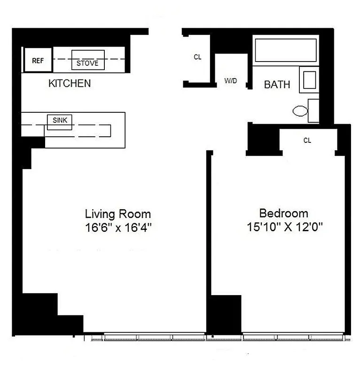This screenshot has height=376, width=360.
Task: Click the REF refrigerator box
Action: [37, 60]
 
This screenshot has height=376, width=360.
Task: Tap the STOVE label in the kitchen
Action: [87, 63]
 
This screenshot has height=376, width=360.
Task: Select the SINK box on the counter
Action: [60, 121]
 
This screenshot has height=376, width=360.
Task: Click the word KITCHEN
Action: [70, 84]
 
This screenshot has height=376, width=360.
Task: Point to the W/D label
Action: [230, 81]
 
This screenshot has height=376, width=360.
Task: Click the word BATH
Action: [277, 85]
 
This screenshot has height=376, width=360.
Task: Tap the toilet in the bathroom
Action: [301, 111]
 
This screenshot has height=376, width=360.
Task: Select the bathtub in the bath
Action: [285, 50]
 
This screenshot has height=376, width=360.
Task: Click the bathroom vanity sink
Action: [309, 80]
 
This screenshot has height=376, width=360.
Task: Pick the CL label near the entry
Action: [197, 57]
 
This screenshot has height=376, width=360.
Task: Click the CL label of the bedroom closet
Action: [307, 140]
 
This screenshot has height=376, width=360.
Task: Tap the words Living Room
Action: [117, 214]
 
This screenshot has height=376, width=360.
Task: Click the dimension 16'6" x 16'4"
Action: [117, 227]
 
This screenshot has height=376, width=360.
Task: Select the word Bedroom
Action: [284, 213]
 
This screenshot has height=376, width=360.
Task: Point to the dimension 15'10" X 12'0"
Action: [284, 227]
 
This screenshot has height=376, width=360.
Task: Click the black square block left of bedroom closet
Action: [263, 139]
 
